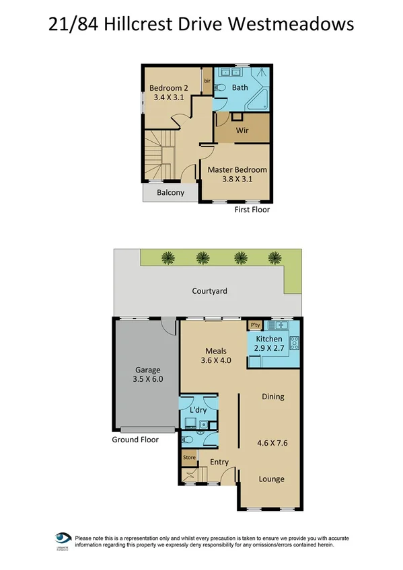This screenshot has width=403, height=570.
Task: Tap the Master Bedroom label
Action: (237, 170)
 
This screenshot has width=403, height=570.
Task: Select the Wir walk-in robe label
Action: (242, 130)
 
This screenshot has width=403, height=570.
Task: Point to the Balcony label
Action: (170, 193)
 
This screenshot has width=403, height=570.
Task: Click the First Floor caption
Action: (252, 209)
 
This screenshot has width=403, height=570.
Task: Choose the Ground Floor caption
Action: (135, 440)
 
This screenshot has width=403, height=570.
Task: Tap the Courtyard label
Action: (209, 291)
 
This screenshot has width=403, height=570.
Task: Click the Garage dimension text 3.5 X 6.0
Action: (148, 379)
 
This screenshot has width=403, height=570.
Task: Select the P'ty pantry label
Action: (255, 325)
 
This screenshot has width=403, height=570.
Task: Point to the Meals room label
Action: (215, 351)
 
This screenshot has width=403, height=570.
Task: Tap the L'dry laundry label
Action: (198, 409)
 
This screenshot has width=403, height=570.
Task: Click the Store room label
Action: (188, 458)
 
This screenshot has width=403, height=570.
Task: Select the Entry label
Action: (219, 462)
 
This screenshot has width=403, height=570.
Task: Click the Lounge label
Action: (272, 479)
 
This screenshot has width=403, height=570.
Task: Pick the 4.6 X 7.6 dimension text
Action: (272, 443)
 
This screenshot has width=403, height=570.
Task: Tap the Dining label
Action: (272, 397)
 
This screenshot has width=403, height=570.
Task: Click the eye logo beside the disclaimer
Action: (64, 540)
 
